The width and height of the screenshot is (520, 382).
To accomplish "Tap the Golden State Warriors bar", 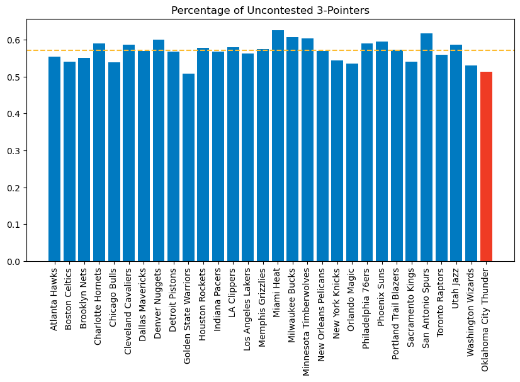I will pyautogui.click(x=188, y=167).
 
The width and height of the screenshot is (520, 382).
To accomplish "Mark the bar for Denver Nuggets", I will pyautogui.click(x=159, y=150).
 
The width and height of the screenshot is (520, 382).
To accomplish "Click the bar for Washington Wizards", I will pyautogui.click(x=472, y=164).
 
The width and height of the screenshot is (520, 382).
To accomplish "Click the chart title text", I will pyautogui.click(x=270, y=10).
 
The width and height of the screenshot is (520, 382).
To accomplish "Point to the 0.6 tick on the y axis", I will pyautogui.click(x=14, y=40).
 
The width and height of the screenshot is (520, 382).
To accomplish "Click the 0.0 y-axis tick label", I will pyautogui.click(x=14, y=262).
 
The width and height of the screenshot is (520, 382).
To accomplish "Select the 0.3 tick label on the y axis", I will pyautogui.click(x=14, y=151).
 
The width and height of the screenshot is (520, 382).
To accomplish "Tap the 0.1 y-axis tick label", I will pyautogui.click(x=14, y=225).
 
